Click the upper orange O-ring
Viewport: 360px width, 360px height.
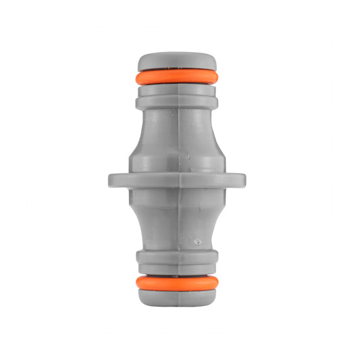coord(177,78)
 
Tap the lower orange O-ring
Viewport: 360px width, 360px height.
coord(177,282)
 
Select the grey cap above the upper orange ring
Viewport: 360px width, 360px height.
coord(177,62)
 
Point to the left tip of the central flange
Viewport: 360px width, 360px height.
coord(111,180)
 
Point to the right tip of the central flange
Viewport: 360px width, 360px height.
coord(242,180)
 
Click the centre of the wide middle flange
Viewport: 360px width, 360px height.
coord(177,180)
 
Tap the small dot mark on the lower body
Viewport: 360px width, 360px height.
coord(197,240)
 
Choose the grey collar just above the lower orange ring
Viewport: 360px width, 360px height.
coord(177,259)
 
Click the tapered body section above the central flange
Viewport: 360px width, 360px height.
coord(177,138)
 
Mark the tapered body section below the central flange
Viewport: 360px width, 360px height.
coord(177,220)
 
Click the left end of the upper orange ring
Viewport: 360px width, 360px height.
coord(138,78)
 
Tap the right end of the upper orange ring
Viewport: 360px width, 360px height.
coord(217,78)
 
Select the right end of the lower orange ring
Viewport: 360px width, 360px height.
coord(217,282)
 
